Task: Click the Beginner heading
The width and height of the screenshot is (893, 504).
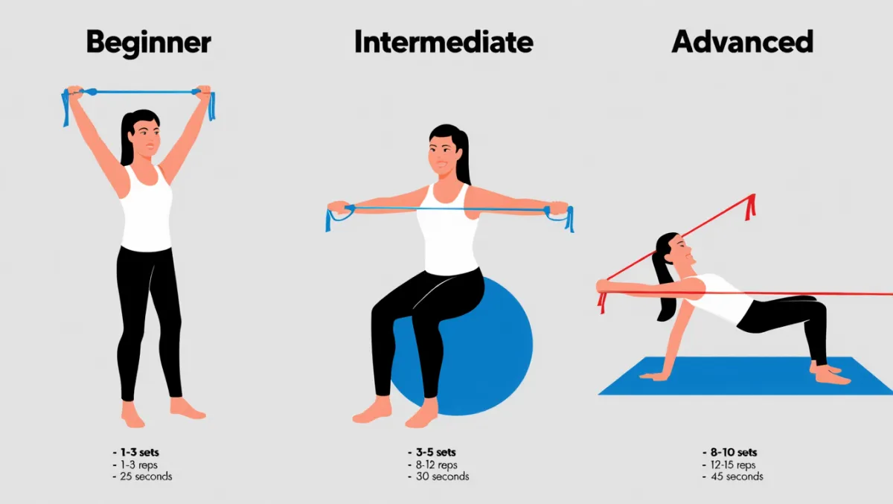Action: pyautogui.click(x=149, y=43)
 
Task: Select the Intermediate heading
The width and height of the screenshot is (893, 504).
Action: pyautogui.click(x=444, y=42)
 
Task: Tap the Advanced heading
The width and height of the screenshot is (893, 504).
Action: pyautogui.click(x=743, y=42)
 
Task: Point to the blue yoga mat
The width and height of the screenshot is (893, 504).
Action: pyautogui.click(x=746, y=376)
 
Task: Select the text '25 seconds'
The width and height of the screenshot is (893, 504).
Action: pyautogui.click(x=146, y=476)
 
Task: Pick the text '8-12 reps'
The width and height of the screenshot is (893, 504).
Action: pyautogui.click(x=437, y=465)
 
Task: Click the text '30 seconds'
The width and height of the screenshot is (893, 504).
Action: pyautogui.click(x=443, y=476)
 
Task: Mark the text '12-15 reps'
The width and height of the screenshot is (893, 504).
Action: pyautogui.click(x=733, y=465)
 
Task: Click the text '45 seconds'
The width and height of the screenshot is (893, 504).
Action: pyautogui.click(x=737, y=476)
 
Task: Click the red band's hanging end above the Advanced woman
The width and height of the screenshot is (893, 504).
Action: pyautogui.click(x=750, y=208)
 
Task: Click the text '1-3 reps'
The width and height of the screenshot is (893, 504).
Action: pyautogui.click(x=138, y=465)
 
